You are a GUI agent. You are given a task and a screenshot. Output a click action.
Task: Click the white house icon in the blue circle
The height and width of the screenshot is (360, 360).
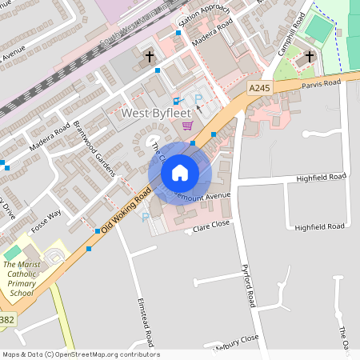(180, 173)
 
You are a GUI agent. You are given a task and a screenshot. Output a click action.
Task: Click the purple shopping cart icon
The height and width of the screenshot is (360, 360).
(187, 125)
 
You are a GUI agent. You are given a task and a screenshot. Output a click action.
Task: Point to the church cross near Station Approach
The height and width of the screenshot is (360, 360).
(150, 57)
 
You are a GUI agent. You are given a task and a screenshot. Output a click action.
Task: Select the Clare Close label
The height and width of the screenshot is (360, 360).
(211, 230)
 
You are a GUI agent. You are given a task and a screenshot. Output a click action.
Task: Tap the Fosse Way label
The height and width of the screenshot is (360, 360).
(46, 221)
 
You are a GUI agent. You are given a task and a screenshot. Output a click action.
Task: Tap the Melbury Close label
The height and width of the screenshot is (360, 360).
(237, 342)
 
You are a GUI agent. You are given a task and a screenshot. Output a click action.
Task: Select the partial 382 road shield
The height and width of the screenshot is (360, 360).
(6, 320)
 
